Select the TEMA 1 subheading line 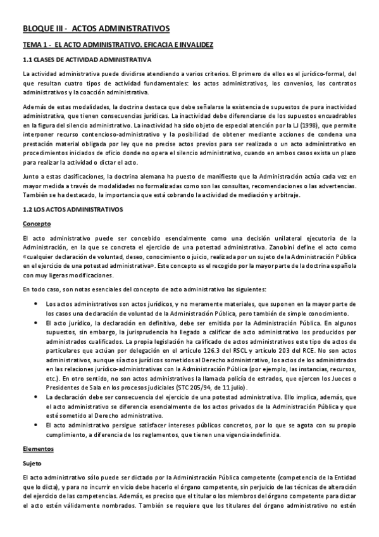click(x=117, y=46)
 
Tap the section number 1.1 click(x=27, y=61)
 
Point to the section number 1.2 click(x=27, y=209)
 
